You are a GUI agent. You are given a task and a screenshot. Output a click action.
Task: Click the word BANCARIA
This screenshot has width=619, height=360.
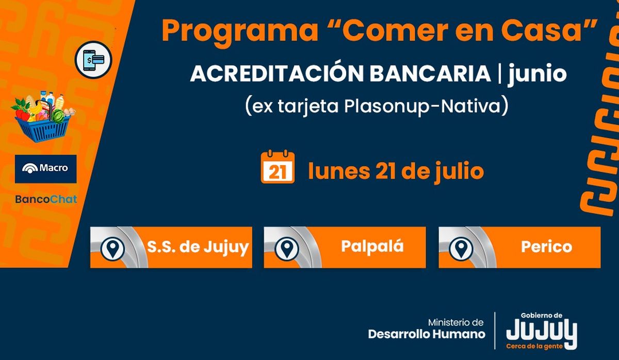[430, 73]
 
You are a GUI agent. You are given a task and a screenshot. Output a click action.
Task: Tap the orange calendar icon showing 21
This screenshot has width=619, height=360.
[278, 167]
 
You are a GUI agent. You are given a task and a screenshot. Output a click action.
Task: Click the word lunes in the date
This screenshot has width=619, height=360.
[339, 171]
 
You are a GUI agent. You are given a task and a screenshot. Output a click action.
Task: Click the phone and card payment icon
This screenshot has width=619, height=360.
[93, 60]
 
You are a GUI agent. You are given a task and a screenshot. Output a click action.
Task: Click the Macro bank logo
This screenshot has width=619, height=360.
[45, 169]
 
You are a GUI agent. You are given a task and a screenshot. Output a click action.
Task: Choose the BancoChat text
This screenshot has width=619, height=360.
[46, 199]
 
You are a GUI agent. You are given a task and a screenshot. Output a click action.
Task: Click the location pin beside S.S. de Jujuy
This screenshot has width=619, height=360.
[112, 249]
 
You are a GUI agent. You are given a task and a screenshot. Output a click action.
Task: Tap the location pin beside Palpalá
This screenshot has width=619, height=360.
[287, 249]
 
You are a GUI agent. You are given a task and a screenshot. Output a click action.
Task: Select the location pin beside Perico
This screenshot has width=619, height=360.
[461, 249]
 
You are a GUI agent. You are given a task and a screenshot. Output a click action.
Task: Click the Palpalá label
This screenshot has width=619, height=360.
[372, 247]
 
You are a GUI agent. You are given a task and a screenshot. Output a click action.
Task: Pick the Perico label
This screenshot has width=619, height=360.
[547, 247]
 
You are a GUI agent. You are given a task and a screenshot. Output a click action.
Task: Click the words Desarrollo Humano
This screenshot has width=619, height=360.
[427, 334]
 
